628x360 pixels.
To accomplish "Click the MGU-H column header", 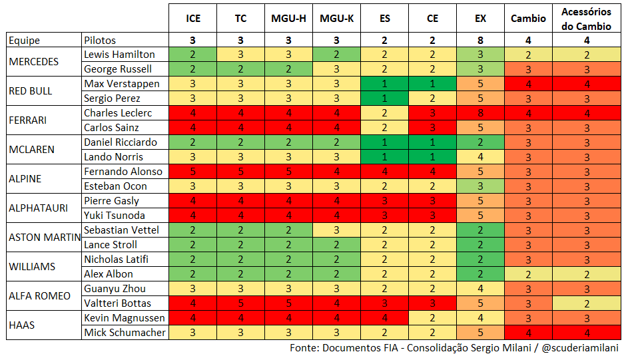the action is [288, 19].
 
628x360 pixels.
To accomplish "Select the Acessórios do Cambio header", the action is [586, 19].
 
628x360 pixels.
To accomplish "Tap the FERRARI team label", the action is [27, 120].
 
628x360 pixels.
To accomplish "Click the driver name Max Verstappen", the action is [122, 84].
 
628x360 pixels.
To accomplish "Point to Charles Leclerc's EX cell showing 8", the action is [480, 113].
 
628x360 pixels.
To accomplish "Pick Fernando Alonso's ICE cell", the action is [192, 172].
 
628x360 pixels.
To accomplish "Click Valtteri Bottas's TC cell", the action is [240, 303].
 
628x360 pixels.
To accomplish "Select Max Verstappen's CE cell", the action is [433, 84].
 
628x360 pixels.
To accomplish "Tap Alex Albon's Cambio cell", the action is [528, 274].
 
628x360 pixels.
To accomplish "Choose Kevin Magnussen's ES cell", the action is [384, 318].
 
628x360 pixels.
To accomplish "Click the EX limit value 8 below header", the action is [480, 41].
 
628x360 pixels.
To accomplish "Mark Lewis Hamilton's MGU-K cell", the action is [336, 55].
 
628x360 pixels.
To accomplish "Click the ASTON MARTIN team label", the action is [45, 238].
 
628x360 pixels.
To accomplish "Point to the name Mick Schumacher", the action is [125, 333].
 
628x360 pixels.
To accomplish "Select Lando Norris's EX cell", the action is [480, 157].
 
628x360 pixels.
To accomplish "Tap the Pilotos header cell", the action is [125, 41].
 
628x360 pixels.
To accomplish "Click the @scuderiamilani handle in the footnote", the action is [580, 348].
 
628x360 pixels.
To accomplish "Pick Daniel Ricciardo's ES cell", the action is [384, 142].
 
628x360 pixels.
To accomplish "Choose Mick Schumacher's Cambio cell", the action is [528, 333].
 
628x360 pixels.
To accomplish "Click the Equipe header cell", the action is [44, 41].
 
